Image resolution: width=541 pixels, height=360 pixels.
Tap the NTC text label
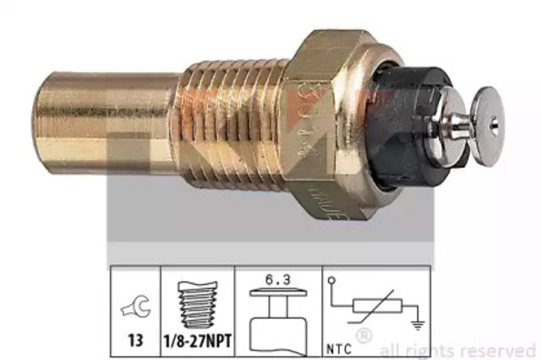(x=339, y=346)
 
